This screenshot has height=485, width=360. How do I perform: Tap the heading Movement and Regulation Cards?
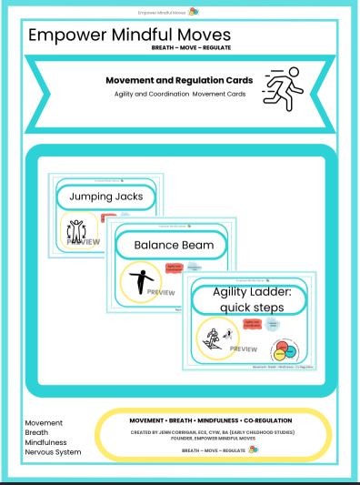pyautogui.click(x=174, y=78)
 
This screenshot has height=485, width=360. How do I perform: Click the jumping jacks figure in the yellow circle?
pyautogui.click(x=78, y=231)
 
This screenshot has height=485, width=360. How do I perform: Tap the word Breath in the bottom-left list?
pyautogui.click(x=39, y=433)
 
